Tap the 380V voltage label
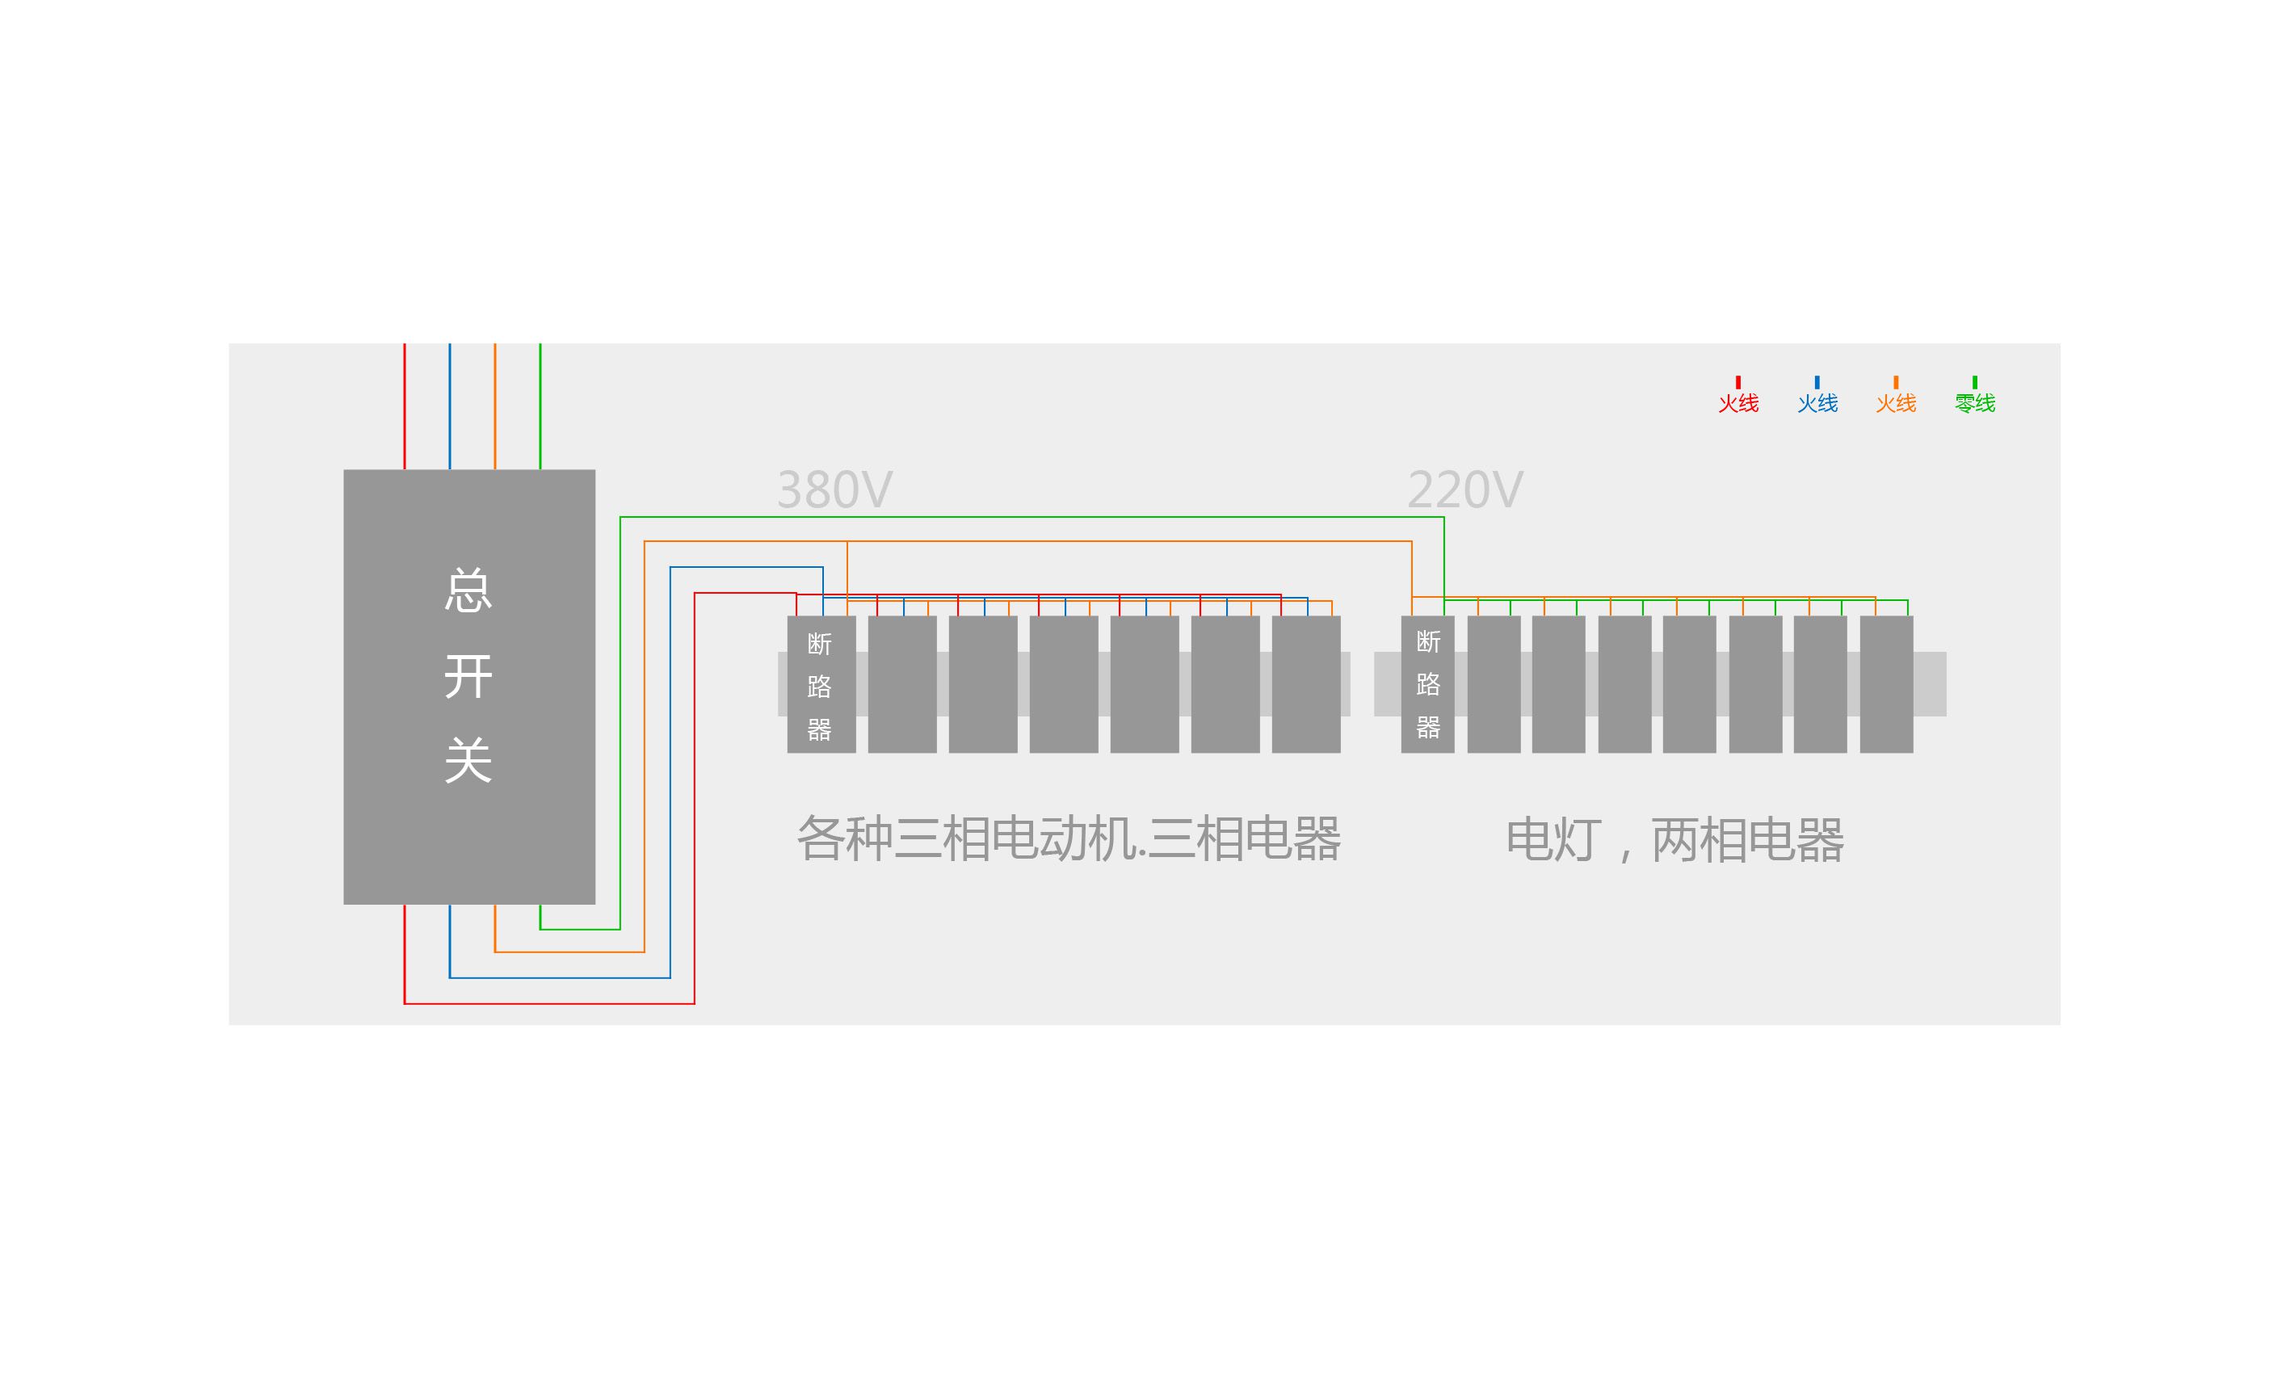834,490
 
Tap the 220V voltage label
1464,490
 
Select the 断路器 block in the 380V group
820,684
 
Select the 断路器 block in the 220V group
1427,684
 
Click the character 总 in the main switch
469,590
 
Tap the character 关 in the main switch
469,761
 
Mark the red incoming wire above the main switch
405,407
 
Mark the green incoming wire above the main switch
540,407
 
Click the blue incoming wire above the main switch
450,407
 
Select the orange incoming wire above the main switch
495,407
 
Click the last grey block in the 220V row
1885,684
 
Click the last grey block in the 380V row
1305,684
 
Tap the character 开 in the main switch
469,676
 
